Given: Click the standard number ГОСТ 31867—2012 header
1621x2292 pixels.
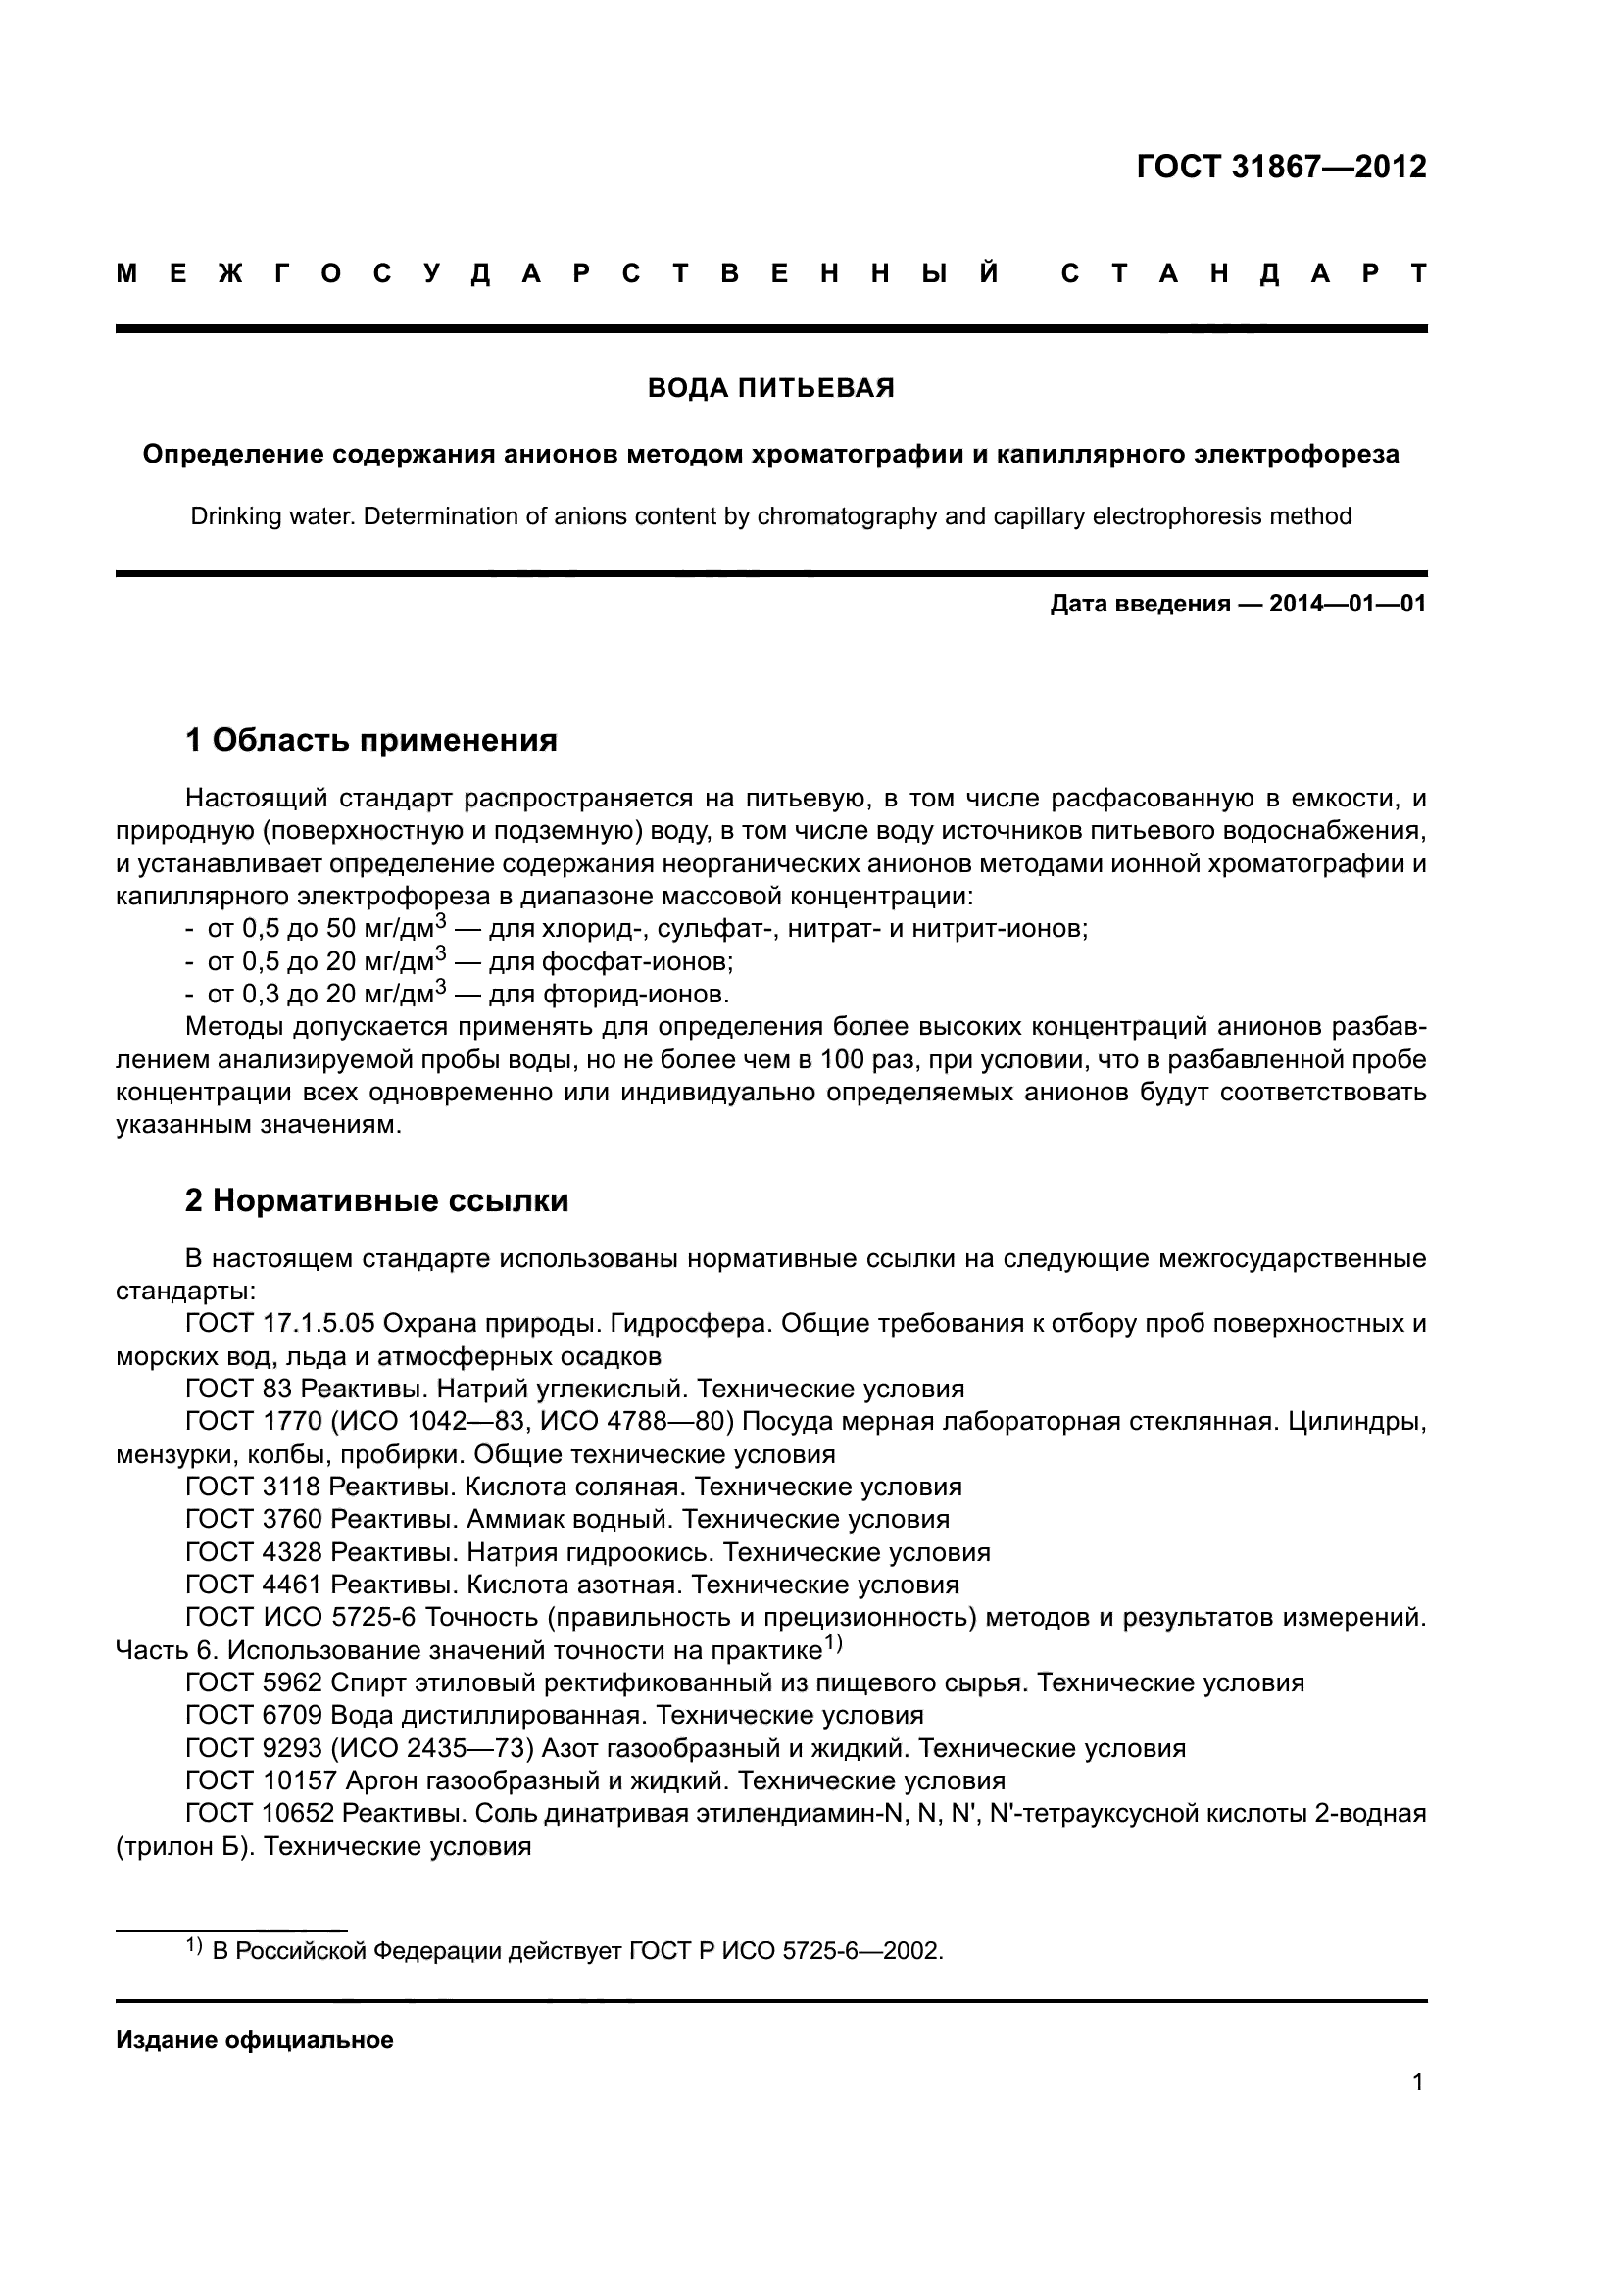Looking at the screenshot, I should click(1281, 167).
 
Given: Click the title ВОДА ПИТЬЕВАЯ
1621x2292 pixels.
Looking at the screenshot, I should click(770, 388).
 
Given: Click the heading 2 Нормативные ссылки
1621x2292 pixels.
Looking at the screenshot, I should click(376, 1200).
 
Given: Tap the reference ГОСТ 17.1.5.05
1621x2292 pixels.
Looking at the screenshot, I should click(279, 1324).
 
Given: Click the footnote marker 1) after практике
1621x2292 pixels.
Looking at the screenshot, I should click(833, 1643).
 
